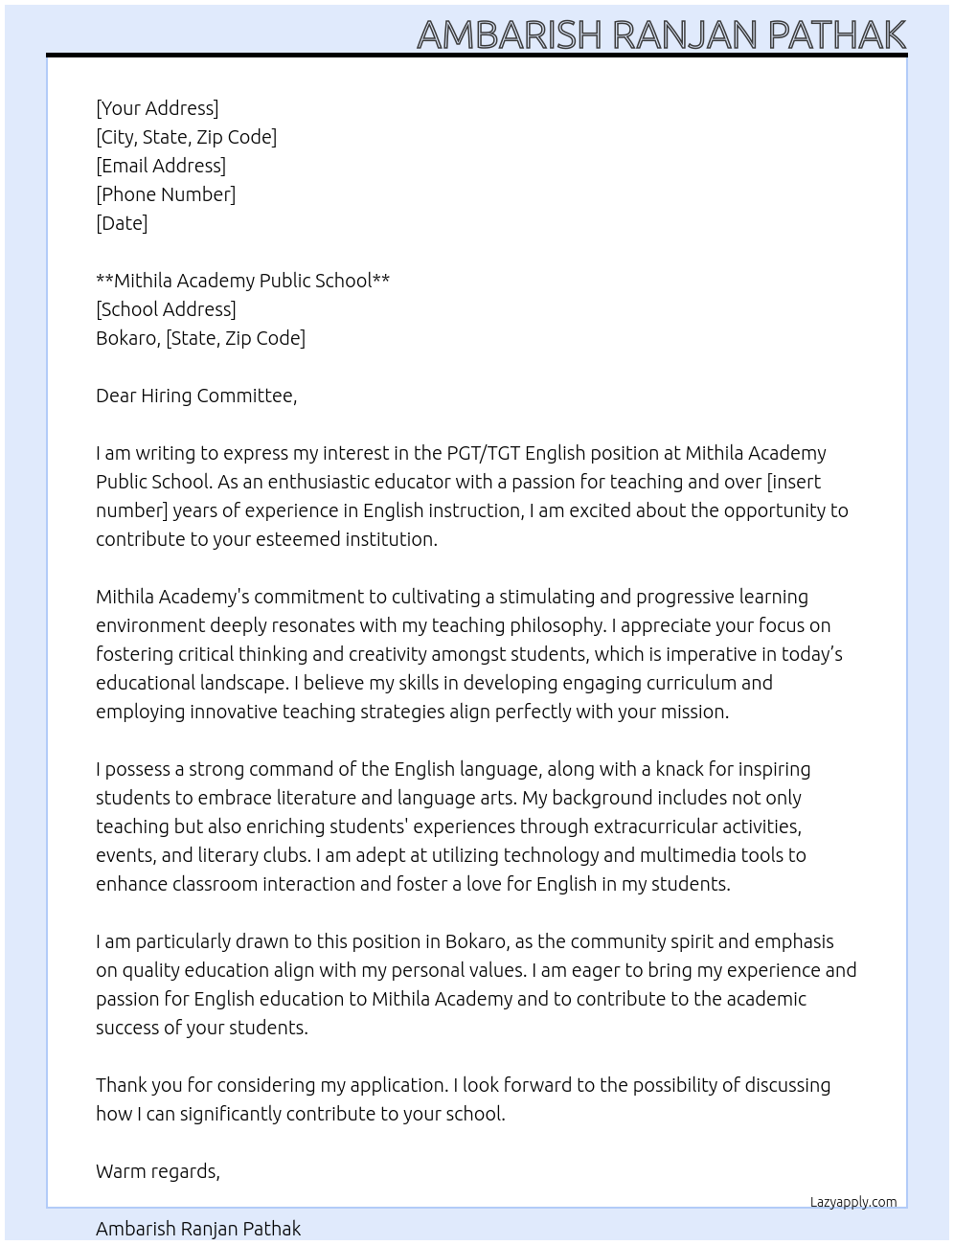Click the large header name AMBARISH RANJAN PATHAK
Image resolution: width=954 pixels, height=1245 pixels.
(661, 34)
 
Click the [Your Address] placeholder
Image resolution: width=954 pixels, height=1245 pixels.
(157, 108)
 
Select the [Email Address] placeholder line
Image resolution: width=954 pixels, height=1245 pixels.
(161, 166)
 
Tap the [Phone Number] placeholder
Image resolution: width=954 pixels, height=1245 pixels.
(166, 194)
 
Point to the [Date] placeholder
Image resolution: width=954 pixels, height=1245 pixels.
(122, 223)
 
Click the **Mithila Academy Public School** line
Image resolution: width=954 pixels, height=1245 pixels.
(242, 281)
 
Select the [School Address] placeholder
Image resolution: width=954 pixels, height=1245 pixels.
(166, 309)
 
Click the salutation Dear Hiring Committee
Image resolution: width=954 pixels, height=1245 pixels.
(196, 396)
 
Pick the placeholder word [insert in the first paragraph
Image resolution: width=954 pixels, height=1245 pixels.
(794, 482)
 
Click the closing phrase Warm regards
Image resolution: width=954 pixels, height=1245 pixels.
(158, 1171)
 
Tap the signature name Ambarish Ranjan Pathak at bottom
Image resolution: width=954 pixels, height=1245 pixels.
(198, 1229)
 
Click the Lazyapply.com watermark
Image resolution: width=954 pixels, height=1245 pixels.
(853, 1202)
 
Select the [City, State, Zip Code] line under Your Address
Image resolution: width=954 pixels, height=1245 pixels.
(186, 137)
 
